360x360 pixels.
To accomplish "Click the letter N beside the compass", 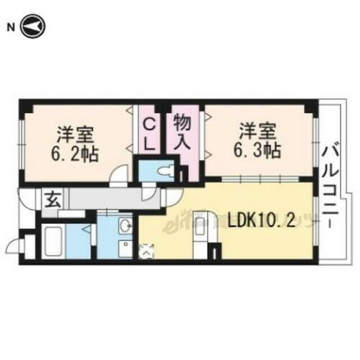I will (10, 27).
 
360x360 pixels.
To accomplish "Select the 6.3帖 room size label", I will (261, 150).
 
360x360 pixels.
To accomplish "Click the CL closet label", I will (149, 133).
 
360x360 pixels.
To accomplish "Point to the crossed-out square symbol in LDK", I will (148, 251).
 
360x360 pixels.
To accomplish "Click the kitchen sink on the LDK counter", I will (199, 222).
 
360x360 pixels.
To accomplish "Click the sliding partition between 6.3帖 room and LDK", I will (252, 179).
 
